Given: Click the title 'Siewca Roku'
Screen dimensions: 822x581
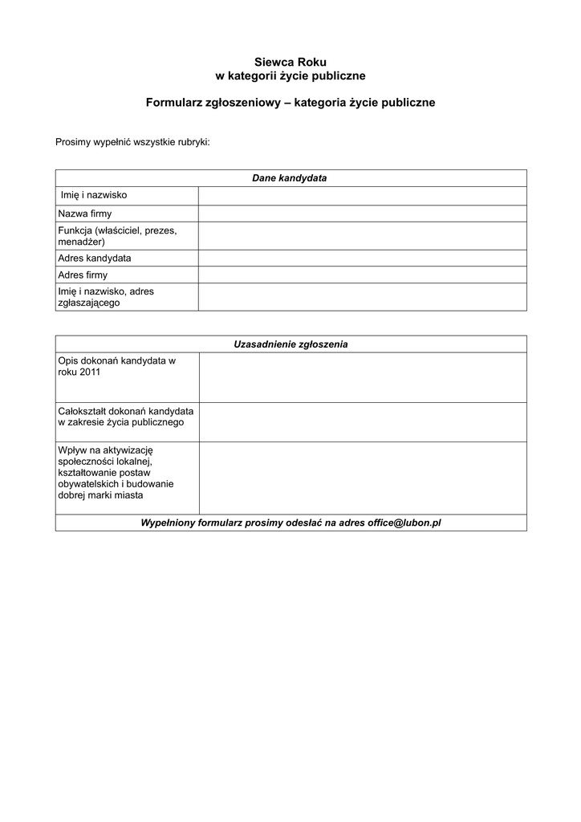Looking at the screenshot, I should pos(290,62).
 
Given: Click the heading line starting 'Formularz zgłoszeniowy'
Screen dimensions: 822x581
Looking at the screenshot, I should pos(290,103).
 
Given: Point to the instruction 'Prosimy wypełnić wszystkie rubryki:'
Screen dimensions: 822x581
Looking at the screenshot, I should pos(132,142).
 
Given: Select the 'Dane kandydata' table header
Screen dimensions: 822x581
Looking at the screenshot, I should pos(290,178).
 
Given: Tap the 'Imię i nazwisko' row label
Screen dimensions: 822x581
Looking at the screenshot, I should pos(94,195).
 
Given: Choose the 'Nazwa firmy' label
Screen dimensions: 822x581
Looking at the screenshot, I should pos(85,214).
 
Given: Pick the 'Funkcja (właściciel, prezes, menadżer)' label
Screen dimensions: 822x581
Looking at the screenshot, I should pos(117,236).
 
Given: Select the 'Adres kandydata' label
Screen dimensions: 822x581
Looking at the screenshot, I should pos(95,258).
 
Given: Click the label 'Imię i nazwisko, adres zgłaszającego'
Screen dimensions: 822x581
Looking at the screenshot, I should pos(106,297).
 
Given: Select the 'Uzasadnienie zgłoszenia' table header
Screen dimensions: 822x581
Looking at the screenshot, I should pos(290,344).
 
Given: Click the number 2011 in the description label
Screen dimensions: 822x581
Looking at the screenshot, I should pos(90,373).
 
